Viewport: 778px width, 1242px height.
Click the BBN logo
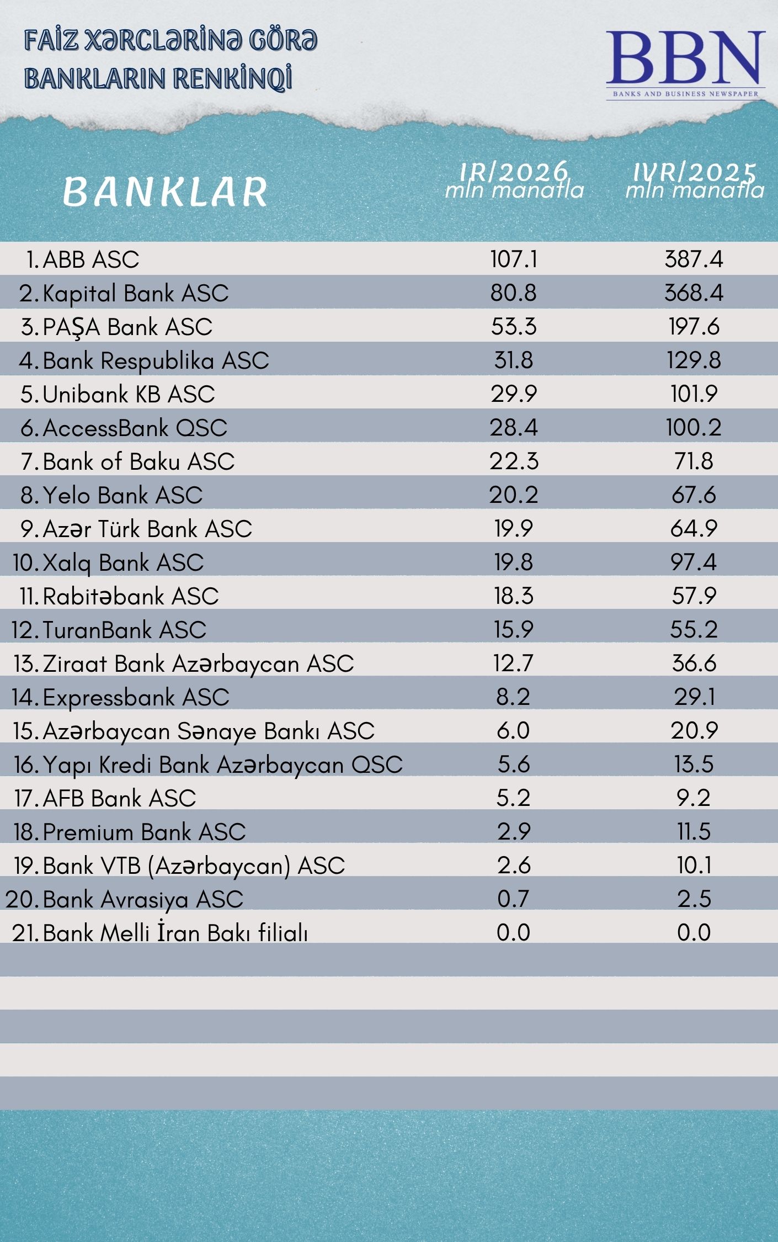685,63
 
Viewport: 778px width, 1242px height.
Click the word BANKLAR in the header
165,192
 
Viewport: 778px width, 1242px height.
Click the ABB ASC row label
90,259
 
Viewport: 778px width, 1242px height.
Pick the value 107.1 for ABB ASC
514,259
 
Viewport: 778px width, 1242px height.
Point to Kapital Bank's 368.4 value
694,293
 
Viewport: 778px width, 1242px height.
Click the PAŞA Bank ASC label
127,327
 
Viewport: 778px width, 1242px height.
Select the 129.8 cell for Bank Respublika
694,360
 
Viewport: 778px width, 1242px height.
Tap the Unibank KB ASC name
128,394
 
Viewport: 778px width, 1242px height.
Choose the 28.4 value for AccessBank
514,427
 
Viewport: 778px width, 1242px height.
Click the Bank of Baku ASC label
138,461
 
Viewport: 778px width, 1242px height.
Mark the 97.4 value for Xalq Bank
694,562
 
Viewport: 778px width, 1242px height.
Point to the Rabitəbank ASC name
130,596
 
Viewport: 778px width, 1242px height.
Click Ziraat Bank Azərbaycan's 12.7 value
514,663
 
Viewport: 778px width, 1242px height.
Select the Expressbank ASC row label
136,697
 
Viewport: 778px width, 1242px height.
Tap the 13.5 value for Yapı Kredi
694,764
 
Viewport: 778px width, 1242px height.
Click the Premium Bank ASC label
144,832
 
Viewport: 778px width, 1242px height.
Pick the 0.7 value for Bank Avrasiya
514,899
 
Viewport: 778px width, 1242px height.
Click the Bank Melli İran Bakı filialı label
175,933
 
